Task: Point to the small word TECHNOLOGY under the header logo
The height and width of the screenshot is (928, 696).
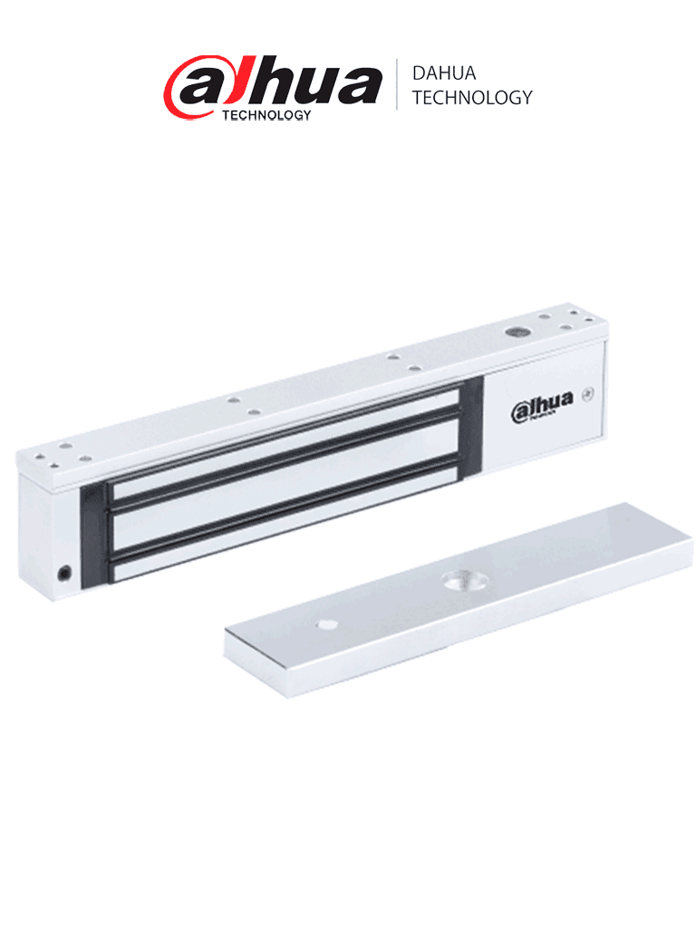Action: pyautogui.click(x=266, y=115)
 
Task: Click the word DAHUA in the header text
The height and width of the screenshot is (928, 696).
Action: pyautogui.click(x=443, y=73)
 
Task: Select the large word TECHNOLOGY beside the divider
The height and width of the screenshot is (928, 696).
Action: pyautogui.click(x=471, y=98)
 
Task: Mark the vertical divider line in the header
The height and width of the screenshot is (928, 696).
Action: pyautogui.click(x=396, y=85)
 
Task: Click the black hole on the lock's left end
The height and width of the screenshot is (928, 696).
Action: pyautogui.click(x=65, y=572)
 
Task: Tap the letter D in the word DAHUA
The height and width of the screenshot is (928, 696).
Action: pyautogui.click(x=419, y=73)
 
